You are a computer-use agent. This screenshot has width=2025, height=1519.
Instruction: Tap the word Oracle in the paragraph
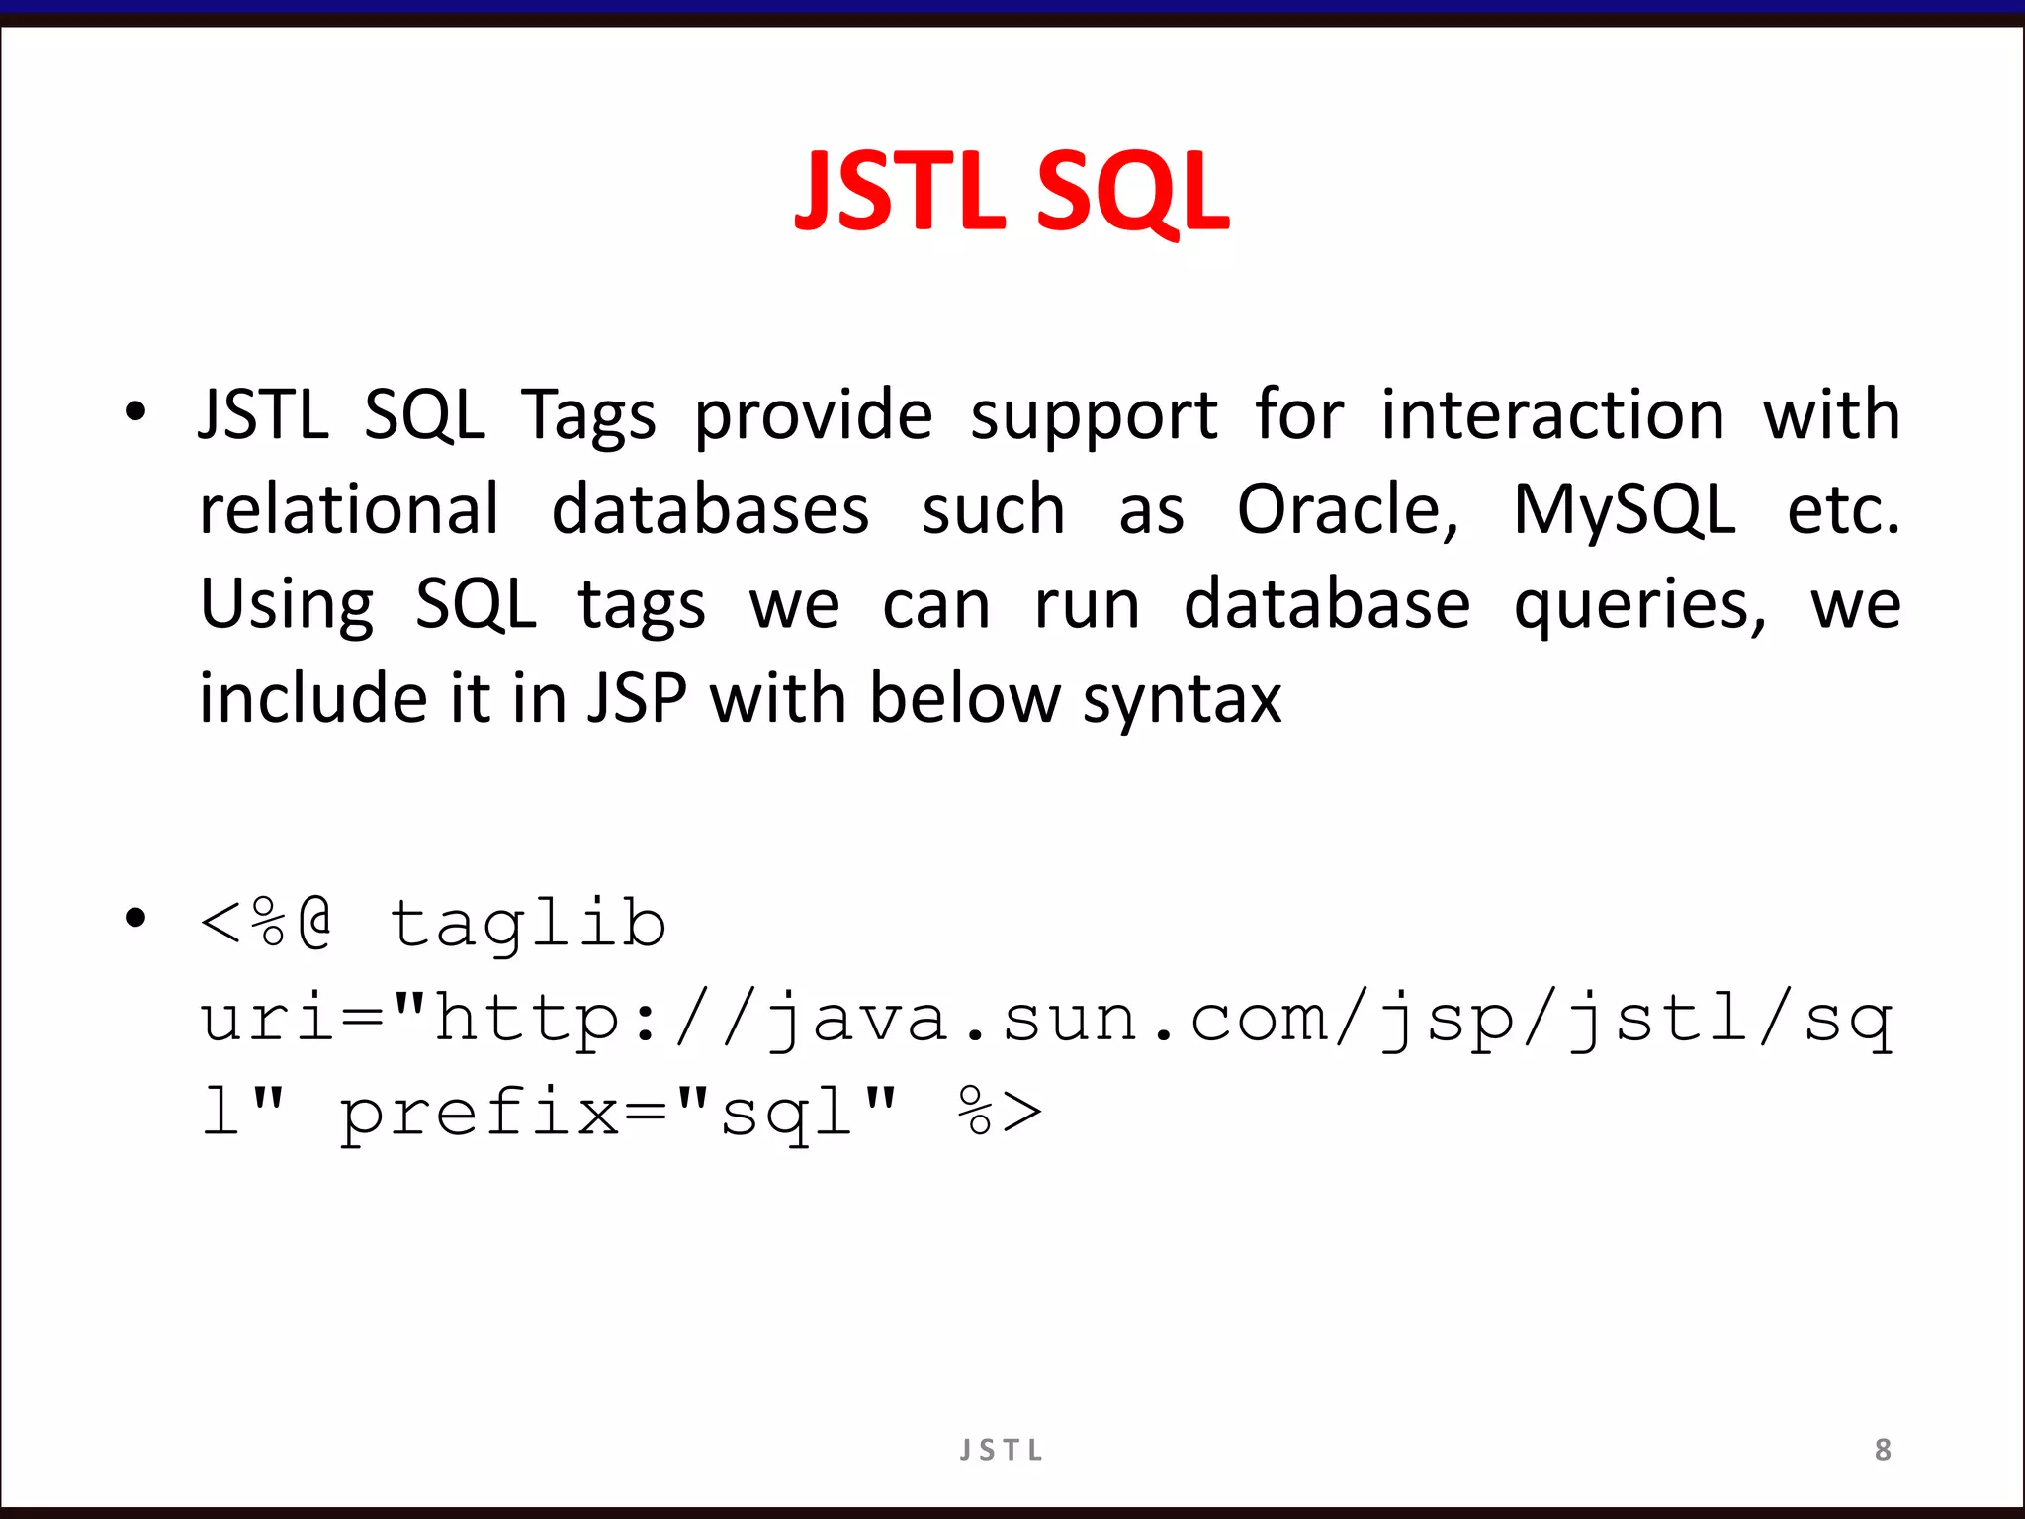[1347, 510]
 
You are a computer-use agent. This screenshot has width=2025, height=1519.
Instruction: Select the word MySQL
[1624, 510]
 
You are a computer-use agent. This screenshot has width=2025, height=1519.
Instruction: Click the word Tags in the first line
[588, 415]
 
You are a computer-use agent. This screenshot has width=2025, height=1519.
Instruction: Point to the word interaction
[1552, 415]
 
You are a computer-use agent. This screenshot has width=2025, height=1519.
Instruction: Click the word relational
[349, 510]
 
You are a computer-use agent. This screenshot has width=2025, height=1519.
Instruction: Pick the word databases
[710, 510]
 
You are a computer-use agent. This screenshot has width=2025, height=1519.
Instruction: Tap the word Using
[287, 605]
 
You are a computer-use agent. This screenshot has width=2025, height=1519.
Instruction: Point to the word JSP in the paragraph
[637, 698]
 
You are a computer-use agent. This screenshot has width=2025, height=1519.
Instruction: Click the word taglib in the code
[527, 924]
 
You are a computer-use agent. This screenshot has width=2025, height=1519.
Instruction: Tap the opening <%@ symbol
[266, 924]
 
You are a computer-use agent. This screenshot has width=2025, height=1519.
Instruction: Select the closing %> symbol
[1000, 1112]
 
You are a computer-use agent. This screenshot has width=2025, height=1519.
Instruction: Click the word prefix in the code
[480, 1114]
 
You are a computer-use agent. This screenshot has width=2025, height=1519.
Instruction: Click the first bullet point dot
[135, 412]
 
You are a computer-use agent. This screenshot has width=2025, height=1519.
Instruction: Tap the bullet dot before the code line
[135, 919]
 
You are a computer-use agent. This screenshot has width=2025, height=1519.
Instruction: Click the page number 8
[1883, 1450]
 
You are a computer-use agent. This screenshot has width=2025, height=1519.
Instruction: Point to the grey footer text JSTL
[1002, 1450]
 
